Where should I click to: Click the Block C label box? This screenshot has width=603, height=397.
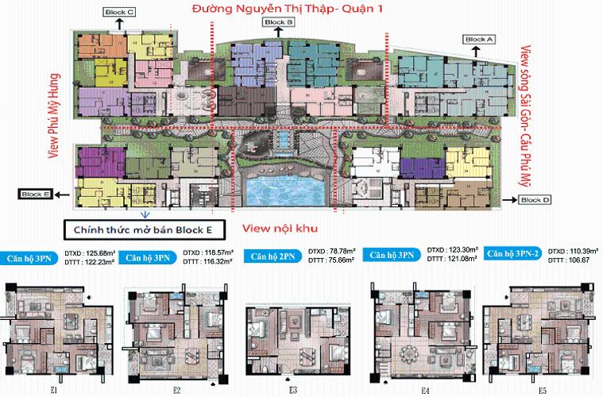[120, 13]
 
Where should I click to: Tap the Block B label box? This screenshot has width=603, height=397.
[279, 23]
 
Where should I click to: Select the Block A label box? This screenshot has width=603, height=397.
[479, 39]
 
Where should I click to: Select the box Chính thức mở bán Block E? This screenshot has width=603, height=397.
[144, 230]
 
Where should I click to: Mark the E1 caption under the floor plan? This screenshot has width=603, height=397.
[52, 390]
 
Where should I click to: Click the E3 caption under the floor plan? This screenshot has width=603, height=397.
[293, 390]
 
